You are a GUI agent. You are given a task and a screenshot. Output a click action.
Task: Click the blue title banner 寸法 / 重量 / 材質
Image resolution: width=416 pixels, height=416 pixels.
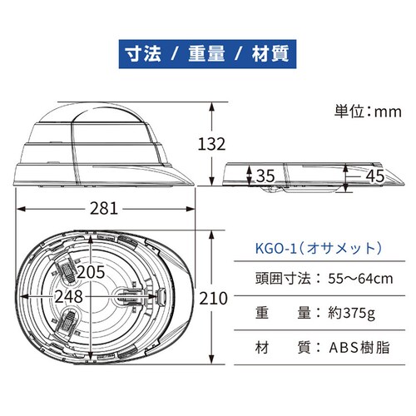(x=208, y=55)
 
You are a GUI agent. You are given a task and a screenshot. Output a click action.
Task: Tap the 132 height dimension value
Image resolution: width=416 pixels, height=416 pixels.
(x=212, y=143)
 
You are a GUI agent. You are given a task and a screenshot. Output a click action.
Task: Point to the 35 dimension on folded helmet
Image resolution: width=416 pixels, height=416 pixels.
(x=265, y=176)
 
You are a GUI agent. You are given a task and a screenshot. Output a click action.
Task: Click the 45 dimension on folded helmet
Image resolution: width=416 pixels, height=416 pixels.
(x=374, y=176)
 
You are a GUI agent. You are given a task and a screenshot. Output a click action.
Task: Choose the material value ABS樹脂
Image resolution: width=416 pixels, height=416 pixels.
(x=359, y=347)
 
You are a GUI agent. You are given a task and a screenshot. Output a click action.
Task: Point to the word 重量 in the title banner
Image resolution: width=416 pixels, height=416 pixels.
(x=205, y=55)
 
